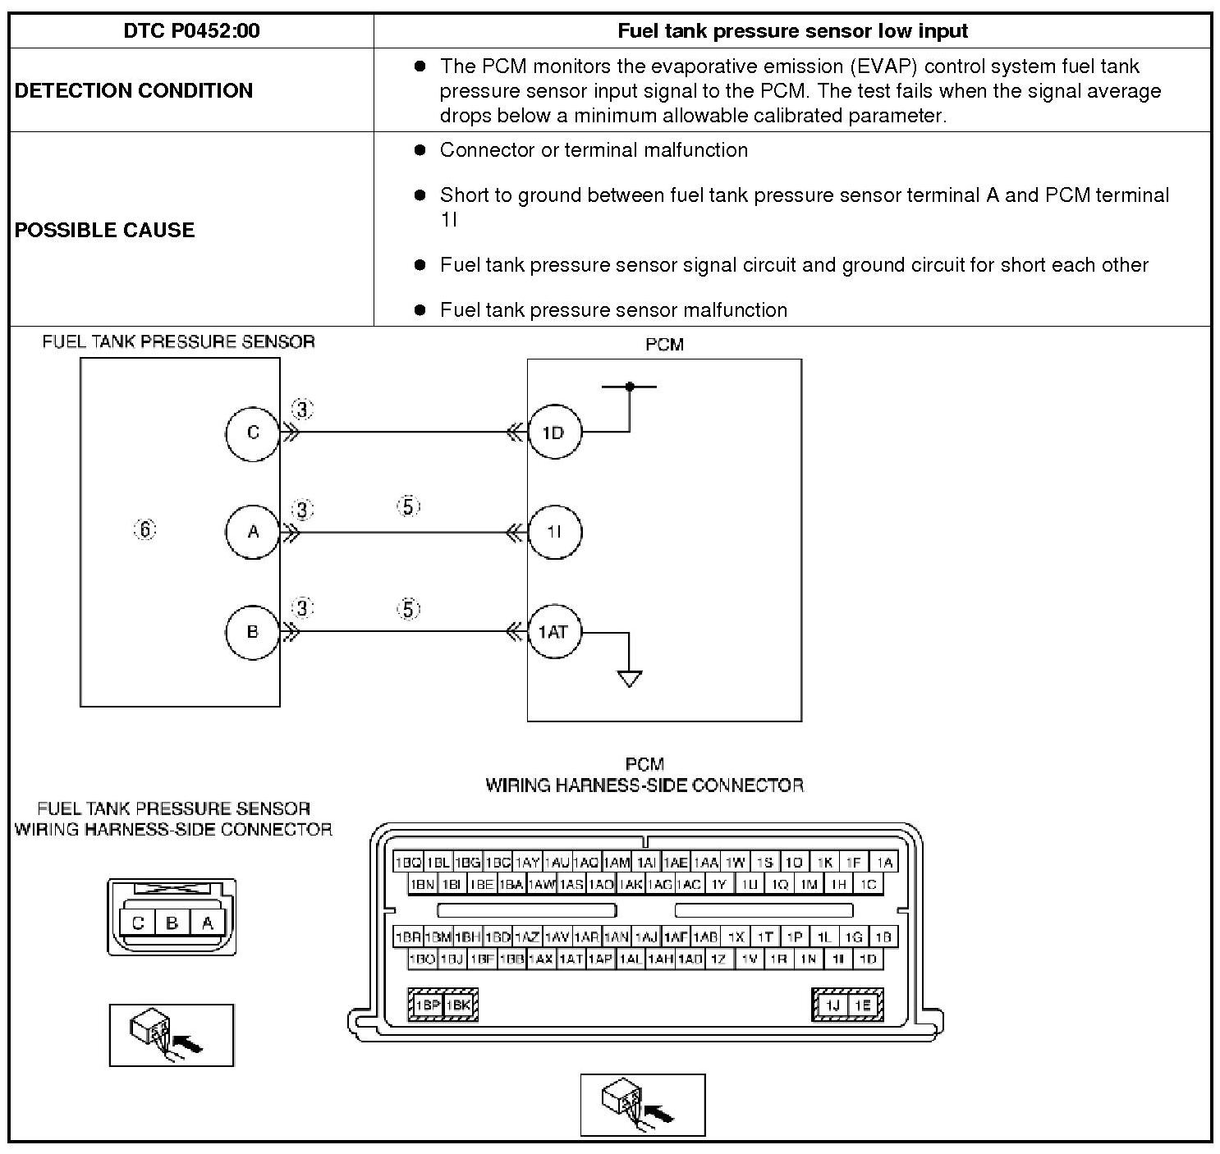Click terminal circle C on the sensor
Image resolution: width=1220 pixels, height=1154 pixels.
(253, 433)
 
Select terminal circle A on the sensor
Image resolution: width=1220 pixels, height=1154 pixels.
(253, 532)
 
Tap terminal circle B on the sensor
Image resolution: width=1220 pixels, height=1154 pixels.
(253, 631)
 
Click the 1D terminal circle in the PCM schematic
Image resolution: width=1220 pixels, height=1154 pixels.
(553, 433)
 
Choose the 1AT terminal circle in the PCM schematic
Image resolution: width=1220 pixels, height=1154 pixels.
(553, 632)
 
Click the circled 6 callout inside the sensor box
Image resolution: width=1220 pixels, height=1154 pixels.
(144, 530)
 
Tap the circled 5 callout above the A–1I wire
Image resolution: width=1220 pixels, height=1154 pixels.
(408, 506)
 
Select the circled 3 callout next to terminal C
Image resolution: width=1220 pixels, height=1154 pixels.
(303, 409)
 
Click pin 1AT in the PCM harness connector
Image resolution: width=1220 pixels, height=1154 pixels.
(571, 958)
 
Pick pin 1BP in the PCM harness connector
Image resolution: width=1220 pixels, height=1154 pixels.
(427, 1005)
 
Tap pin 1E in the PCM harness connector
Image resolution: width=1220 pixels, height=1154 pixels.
(862, 1005)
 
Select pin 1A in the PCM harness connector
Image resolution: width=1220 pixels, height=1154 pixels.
(883, 862)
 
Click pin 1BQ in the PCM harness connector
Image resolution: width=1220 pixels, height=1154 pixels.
(407, 862)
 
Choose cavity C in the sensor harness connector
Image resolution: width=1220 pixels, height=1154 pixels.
(138, 923)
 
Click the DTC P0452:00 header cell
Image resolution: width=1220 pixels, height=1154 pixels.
(191, 31)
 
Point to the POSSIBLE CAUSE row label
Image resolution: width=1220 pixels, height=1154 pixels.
(105, 230)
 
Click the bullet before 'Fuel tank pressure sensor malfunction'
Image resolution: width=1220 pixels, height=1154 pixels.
(420, 309)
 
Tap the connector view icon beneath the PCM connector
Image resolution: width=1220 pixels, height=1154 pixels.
(643, 1105)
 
